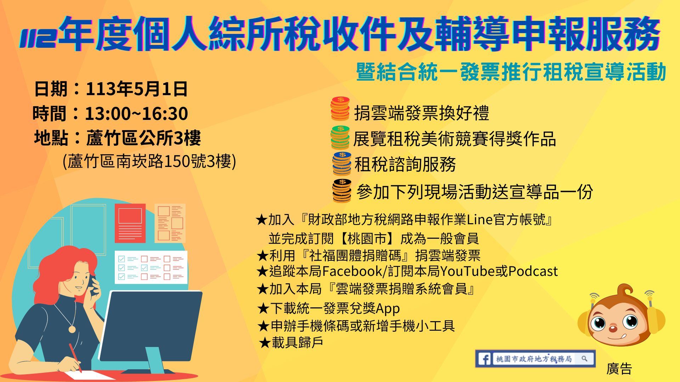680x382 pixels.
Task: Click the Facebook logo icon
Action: click(484, 359)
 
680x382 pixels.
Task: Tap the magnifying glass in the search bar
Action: click(584, 359)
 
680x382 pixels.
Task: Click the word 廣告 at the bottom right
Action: click(619, 369)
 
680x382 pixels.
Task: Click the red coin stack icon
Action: click(340, 109)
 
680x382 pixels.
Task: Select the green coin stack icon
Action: click(340, 137)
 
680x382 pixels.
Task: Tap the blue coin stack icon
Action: click(342, 163)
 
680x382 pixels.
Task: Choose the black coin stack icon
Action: click(342, 191)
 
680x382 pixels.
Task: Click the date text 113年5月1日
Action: click(136, 89)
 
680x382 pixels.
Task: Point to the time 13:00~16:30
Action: click(136, 114)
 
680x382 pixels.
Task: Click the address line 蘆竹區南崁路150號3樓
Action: click(149, 162)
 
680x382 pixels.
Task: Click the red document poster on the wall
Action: click(130, 223)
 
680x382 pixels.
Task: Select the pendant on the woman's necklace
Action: click(72, 329)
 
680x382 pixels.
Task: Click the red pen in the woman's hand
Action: click(75, 358)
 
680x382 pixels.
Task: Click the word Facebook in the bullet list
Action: click(352, 272)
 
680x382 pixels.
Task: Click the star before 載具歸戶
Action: click(265, 342)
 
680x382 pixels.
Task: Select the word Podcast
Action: click(533, 272)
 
